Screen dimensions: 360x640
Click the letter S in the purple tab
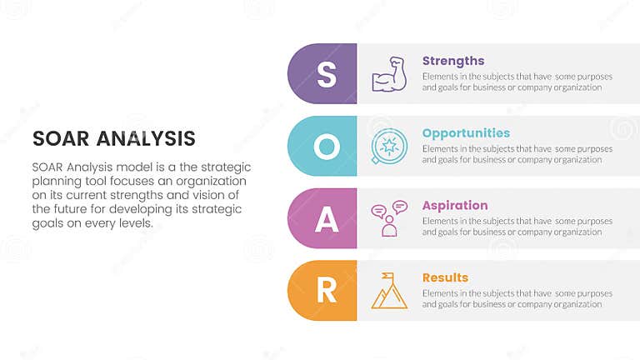(327, 74)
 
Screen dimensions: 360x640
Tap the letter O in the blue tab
(327, 147)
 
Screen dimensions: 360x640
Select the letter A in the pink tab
(327, 219)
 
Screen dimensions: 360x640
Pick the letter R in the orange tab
(327, 291)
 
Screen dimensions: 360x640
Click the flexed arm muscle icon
(389, 74)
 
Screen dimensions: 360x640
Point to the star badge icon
(388, 147)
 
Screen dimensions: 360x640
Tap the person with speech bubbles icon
(389, 218)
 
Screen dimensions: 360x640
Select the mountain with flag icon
(389, 291)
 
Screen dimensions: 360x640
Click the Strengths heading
(453, 61)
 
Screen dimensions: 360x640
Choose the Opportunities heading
(466, 133)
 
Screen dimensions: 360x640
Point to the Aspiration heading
(455, 205)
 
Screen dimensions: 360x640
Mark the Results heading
(445, 277)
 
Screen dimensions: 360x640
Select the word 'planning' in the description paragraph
(58, 181)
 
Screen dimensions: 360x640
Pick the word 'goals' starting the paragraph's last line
(48, 223)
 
